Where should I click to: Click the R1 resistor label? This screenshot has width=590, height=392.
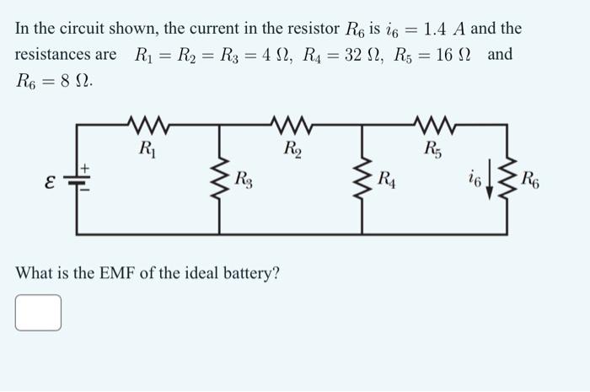pos(147,152)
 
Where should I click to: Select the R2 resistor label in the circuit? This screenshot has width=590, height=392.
pos(292,152)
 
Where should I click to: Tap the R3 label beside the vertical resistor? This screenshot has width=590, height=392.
pos(243,179)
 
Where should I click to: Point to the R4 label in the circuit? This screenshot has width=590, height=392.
pos(387,179)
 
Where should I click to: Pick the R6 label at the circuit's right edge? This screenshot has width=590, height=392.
pos(532,179)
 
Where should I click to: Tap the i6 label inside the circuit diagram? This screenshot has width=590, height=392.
pos(477,180)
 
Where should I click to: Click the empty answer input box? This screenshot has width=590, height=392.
pos(38,312)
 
